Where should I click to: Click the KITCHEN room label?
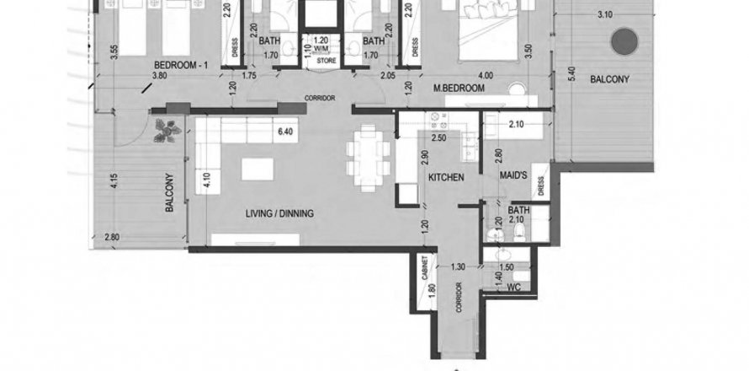[x=446, y=178]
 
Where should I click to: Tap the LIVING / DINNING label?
[x=279, y=213]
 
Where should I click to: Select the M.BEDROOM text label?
[x=459, y=88]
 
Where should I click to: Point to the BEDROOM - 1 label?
[x=181, y=65]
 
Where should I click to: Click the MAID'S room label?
[x=513, y=175]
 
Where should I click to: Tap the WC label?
[x=513, y=288]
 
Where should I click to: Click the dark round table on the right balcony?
[x=624, y=41]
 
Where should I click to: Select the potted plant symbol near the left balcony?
[x=167, y=131]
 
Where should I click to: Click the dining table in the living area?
[x=369, y=158]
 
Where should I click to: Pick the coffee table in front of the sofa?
[x=258, y=169]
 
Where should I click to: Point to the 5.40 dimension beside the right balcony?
[x=572, y=74]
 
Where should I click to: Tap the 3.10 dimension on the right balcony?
[x=605, y=15]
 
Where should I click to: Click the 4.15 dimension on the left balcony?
[x=114, y=180]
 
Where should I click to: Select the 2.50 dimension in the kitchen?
[x=438, y=138]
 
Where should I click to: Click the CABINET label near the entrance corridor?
[x=424, y=267]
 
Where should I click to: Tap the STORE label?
[x=327, y=62]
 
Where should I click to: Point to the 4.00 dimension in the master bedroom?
[x=486, y=75]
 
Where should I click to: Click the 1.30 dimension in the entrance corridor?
[x=458, y=267]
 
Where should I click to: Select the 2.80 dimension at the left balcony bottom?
[x=112, y=237]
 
